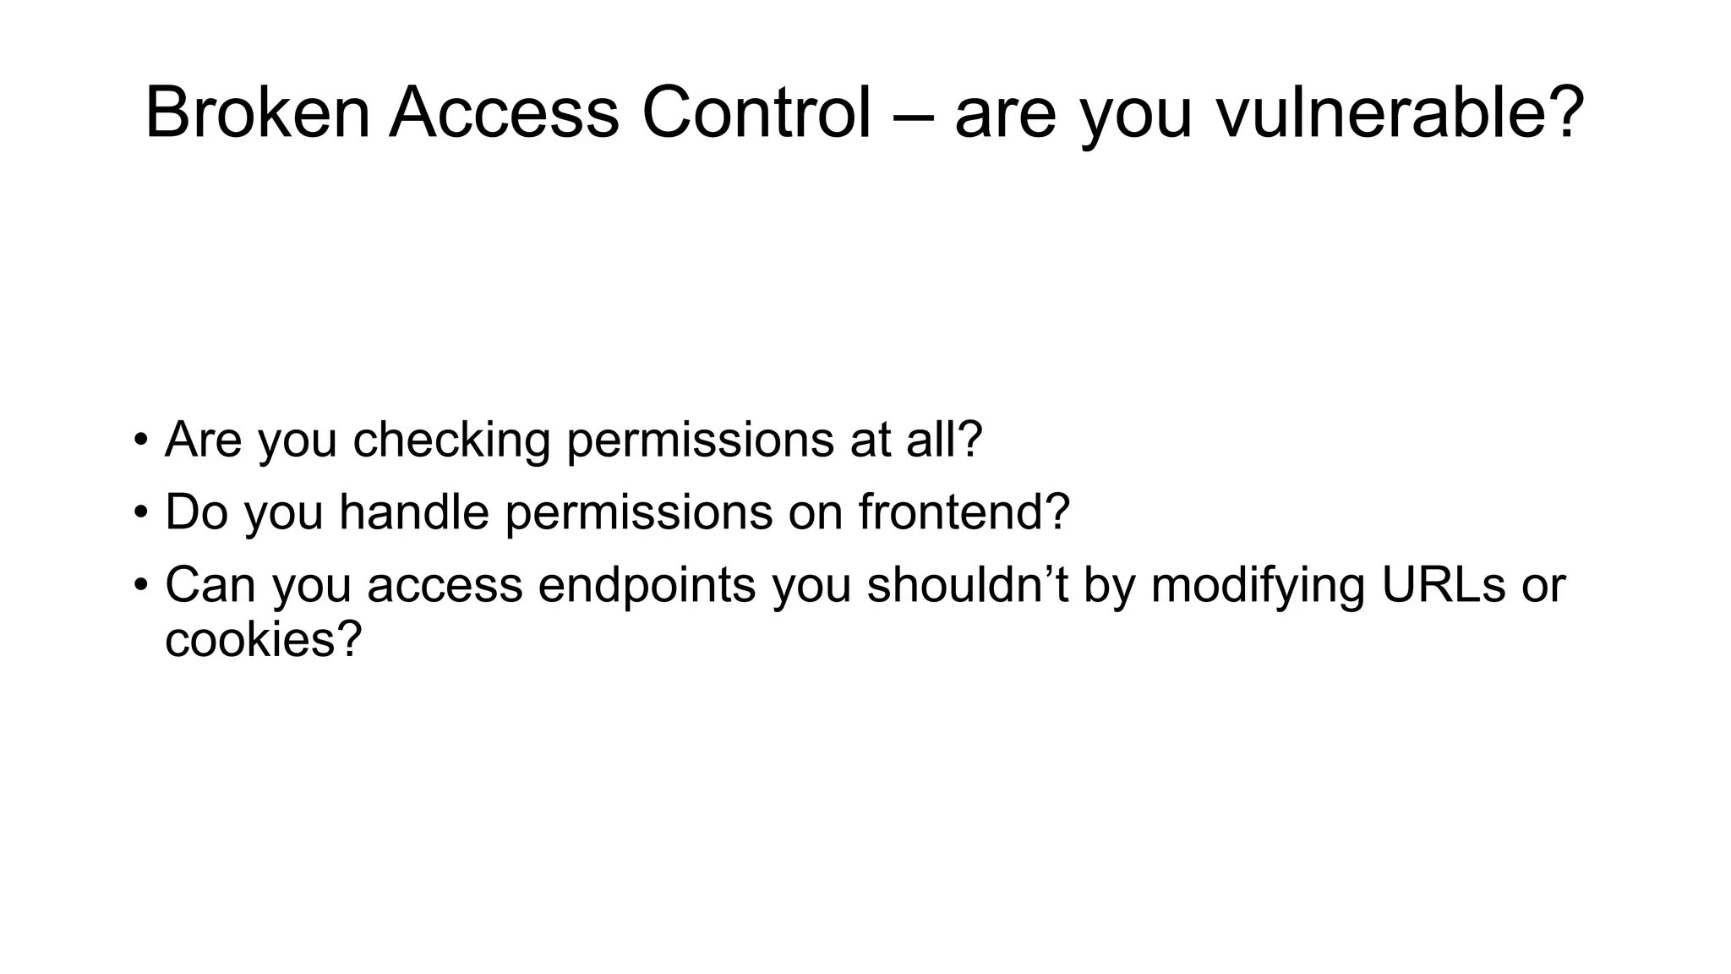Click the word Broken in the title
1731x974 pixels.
257,113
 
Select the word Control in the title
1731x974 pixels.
756,113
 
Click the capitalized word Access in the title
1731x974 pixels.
505,113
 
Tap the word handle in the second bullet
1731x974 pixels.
414,512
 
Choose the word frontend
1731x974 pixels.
953,512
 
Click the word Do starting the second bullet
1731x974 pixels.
196,512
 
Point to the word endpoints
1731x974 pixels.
647,585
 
